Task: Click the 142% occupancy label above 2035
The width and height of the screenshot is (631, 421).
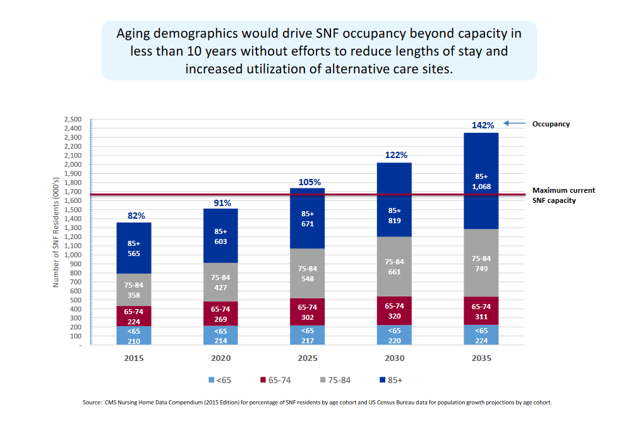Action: pos(483,125)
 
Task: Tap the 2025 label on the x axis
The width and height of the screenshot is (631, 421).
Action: pos(308,358)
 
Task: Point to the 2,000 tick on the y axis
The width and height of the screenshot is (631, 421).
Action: pos(74,164)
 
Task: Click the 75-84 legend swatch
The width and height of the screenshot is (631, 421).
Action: pos(323,381)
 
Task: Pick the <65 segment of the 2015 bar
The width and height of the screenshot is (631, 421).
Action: pos(133,336)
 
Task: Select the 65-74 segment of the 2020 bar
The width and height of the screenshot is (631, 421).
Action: pos(220,314)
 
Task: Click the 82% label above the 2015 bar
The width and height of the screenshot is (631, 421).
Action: pos(136,216)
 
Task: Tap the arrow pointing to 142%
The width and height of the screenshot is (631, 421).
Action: pos(517,124)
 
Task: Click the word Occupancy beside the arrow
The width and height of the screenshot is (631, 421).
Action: pos(551,124)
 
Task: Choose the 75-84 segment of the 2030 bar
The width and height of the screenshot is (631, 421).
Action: pos(394,267)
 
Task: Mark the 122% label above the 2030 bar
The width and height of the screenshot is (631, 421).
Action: pos(397,155)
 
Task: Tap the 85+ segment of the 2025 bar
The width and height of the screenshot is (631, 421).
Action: pos(308,218)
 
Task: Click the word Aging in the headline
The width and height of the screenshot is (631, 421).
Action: pos(136,33)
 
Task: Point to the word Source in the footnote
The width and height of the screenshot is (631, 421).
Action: pos(92,403)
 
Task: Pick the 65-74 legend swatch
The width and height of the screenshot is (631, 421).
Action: pos(262,381)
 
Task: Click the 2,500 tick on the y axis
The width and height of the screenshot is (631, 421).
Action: pos(74,119)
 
